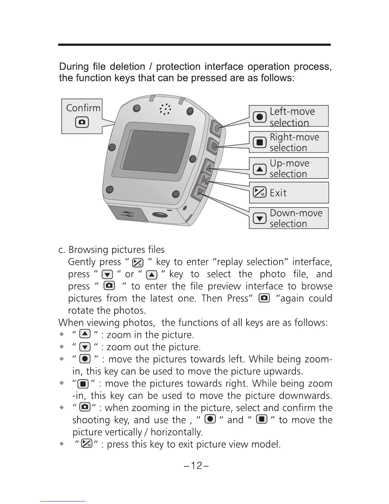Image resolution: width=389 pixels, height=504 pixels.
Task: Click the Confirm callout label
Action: (83, 108)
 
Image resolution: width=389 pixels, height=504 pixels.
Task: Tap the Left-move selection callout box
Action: (289, 116)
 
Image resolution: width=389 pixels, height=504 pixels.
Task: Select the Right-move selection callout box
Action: (289, 142)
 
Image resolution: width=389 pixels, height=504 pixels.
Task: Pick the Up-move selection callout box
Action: (289, 168)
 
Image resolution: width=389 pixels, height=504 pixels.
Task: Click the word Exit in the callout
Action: (278, 193)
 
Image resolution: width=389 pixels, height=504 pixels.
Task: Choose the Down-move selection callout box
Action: (289, 218)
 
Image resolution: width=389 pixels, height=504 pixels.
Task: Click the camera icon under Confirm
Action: (82, 122)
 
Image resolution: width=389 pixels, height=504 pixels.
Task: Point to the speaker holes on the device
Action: (165, 109)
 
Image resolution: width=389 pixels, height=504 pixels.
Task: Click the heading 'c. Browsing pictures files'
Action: (112, 250)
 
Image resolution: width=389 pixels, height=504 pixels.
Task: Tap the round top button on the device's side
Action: (217, 128)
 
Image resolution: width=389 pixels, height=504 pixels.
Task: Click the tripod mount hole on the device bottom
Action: (158, 215)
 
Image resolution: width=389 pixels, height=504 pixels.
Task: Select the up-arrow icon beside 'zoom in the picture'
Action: (85, 334)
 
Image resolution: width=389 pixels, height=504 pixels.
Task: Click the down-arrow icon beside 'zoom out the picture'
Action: (85, 347)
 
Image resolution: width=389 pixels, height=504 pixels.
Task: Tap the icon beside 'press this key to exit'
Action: (86, 444)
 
